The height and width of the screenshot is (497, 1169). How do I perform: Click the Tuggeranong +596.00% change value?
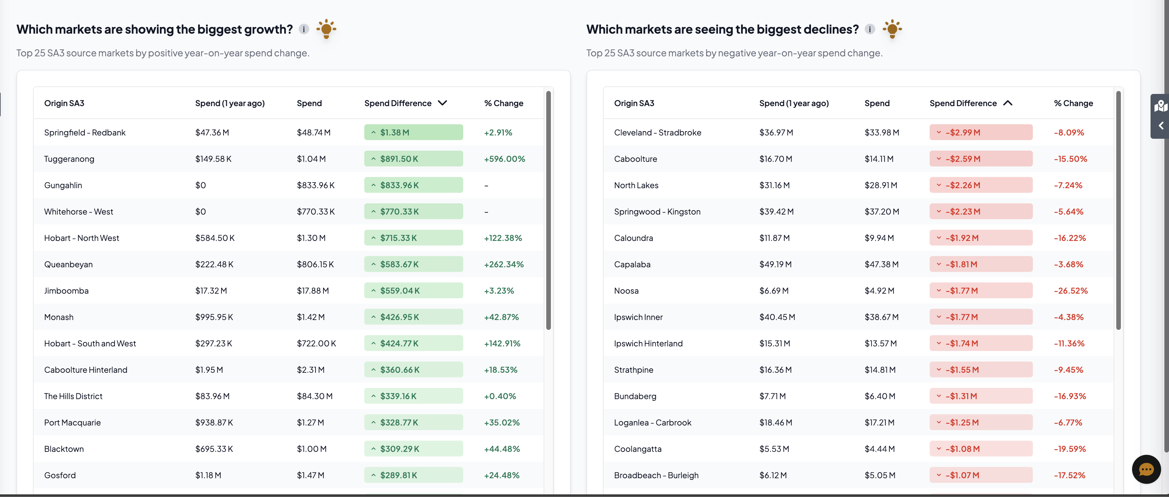pyautogui.click(x=504, y=159)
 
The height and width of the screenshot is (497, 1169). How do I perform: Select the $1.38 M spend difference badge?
pyautogui.click(x=413, y=132)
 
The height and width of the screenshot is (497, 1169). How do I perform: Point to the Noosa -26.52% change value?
pyautogui.click(x=1070, y=290)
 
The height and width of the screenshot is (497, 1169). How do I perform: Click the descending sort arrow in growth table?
pyautogui.click(x=442, y=103)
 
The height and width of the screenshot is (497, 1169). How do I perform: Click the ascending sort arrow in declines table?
pyautogui.click(x=1007, y=103)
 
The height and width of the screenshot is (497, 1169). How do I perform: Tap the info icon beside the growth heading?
pyautogui.click(x=304, y=29)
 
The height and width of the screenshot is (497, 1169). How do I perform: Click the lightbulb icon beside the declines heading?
pyautogui.click(x=892, y=29)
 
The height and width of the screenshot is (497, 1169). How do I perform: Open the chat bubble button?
pyautogui.click(x=1146, y=469)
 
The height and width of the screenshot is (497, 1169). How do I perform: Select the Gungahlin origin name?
pyautogui.click(x=63, y=185)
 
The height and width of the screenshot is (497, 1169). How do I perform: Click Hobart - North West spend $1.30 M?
pyautogui.click(x=311, y=238)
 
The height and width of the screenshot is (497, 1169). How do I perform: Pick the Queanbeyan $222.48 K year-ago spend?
pyautogui.click(x=214, y=264)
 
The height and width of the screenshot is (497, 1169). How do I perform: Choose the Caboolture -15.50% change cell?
pyautogui.click(x=1070, y=159)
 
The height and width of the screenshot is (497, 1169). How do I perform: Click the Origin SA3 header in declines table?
pyautogui.click(x=634, y=103)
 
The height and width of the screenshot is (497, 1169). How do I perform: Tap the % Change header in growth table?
pyautogui.click(x=503, y=103)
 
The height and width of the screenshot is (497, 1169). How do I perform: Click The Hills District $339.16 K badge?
pyautogui.click(x=413, y=396)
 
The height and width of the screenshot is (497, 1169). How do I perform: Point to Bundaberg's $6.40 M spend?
pyautogui.click(x=880, y=396)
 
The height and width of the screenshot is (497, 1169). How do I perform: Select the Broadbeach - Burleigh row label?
pyautogui.click(x=656, y=475)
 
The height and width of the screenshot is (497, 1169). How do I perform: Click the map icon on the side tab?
pyautogui.click(x=1160, y=106)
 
